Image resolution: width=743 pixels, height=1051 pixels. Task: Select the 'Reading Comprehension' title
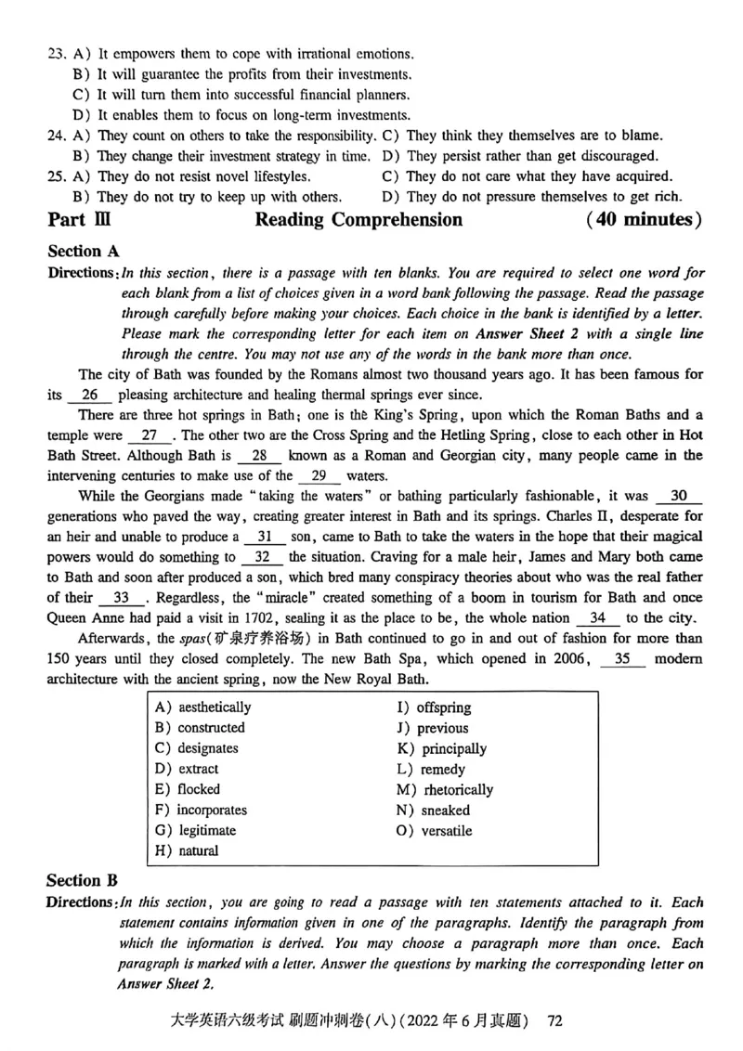(358, 220)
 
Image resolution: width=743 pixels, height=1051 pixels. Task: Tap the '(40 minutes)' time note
(644, 220)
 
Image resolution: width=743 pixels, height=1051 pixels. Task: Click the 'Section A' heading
(84, 251)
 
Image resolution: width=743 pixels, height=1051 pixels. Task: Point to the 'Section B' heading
(84, 881)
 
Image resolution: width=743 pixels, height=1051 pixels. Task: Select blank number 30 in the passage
(678, 497)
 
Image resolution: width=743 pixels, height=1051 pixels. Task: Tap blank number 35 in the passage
(629, 658)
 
